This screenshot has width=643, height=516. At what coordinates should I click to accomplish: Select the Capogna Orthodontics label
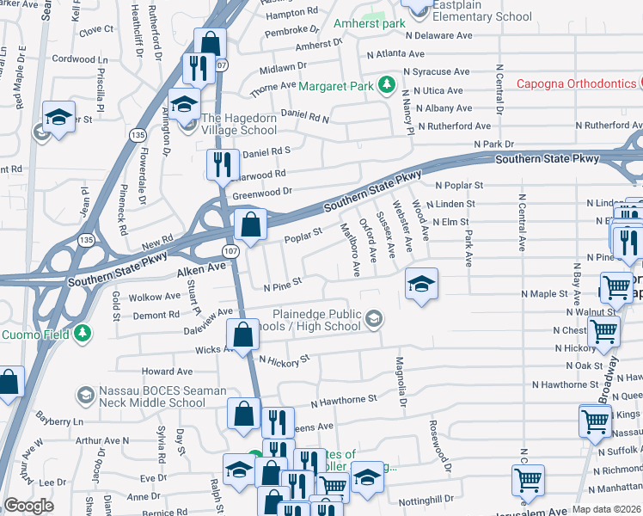pos(575,83)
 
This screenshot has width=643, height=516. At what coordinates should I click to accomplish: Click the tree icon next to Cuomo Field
pos(83,333)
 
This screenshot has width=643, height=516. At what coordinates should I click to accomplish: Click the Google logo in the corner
pos(28,506)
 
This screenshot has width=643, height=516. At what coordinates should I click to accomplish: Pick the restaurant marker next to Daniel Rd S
pos(223,163)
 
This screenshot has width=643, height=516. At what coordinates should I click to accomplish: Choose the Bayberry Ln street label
pos(61,422)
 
